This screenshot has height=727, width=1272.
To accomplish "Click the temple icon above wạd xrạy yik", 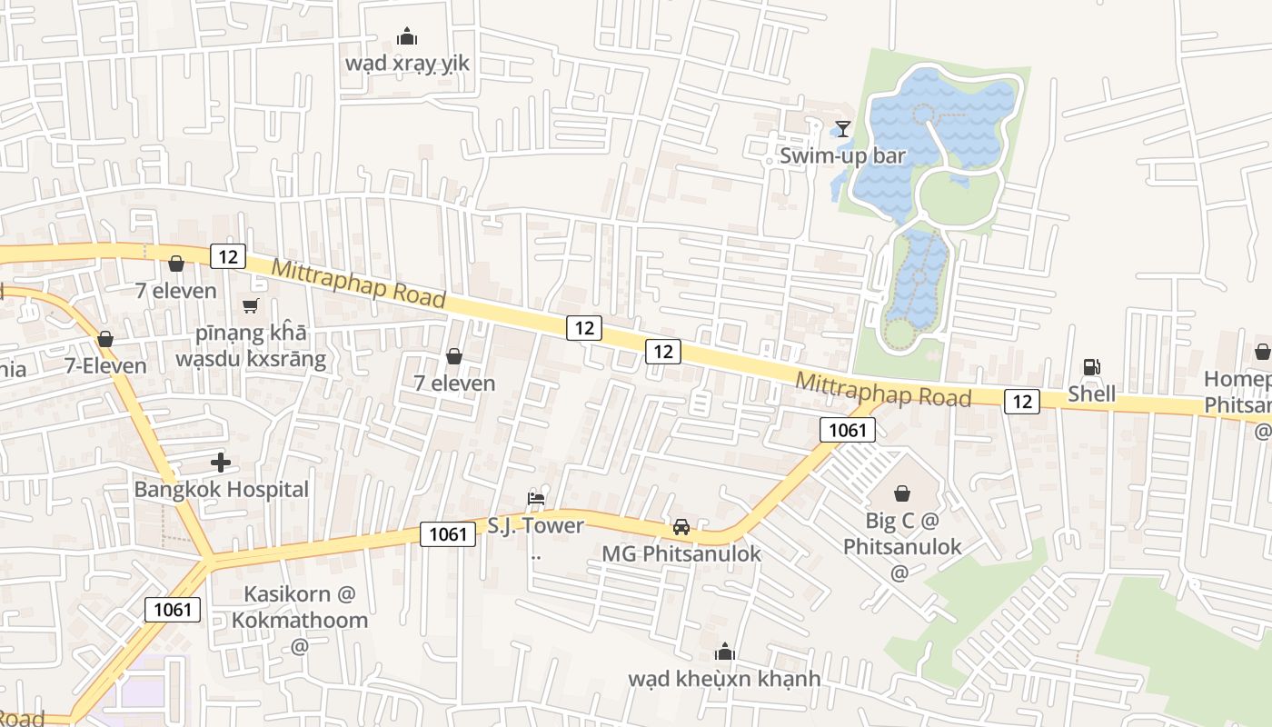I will (407, 36).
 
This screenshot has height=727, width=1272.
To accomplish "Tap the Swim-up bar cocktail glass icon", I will (843, 129).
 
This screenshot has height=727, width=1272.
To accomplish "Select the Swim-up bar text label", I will (842, 155).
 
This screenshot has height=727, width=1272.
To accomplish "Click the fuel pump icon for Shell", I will (1091, 367).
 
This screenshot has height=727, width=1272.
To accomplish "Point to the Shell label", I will (1091, 393).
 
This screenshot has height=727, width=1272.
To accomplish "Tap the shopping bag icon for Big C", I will (902, 493).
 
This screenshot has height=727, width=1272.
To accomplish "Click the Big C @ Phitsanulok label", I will (901, 534).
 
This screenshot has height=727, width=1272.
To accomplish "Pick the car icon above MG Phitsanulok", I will (681, 526).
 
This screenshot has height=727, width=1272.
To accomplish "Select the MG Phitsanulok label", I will (681, 553).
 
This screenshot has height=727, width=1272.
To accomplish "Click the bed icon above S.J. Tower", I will (536, 498).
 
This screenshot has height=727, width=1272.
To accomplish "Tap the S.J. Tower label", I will (536, 525).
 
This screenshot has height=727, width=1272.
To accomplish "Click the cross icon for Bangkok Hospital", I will (221, 463).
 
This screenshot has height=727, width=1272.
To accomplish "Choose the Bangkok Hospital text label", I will (222, 489).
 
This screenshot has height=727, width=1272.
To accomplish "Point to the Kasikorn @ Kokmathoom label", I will (299, 607).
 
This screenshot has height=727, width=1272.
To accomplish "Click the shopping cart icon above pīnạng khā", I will (251, 306).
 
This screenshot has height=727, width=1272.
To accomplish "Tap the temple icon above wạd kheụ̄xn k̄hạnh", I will (724, 652).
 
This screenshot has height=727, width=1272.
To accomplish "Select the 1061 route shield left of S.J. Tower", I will (448, 533).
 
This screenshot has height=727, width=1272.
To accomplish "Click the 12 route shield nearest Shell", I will (1022, 401).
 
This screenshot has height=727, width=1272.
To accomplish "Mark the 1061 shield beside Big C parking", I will (847, 430).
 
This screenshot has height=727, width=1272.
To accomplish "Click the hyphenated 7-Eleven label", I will (105, 365).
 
